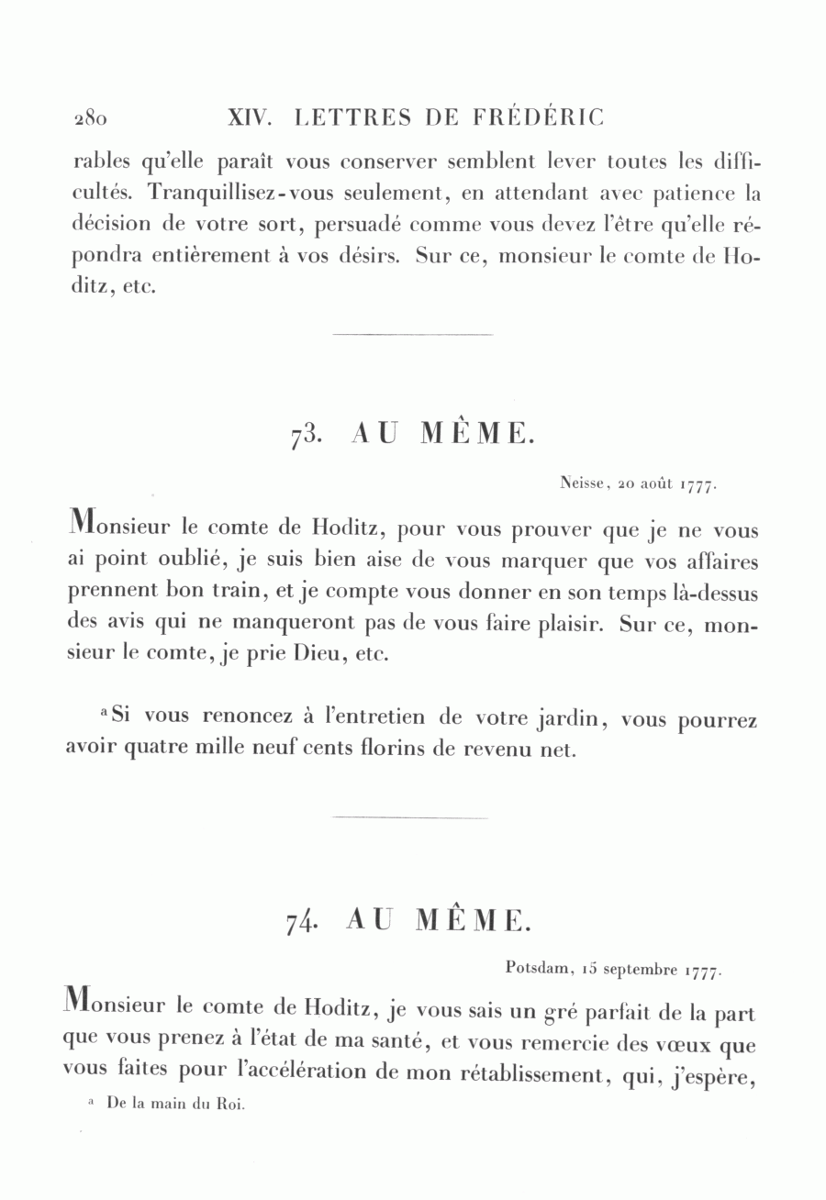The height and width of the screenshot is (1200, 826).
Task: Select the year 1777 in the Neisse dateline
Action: [696, 485]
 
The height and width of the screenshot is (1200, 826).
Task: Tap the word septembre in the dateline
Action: [640, 969]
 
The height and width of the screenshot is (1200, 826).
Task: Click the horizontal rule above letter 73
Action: [412, 335]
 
